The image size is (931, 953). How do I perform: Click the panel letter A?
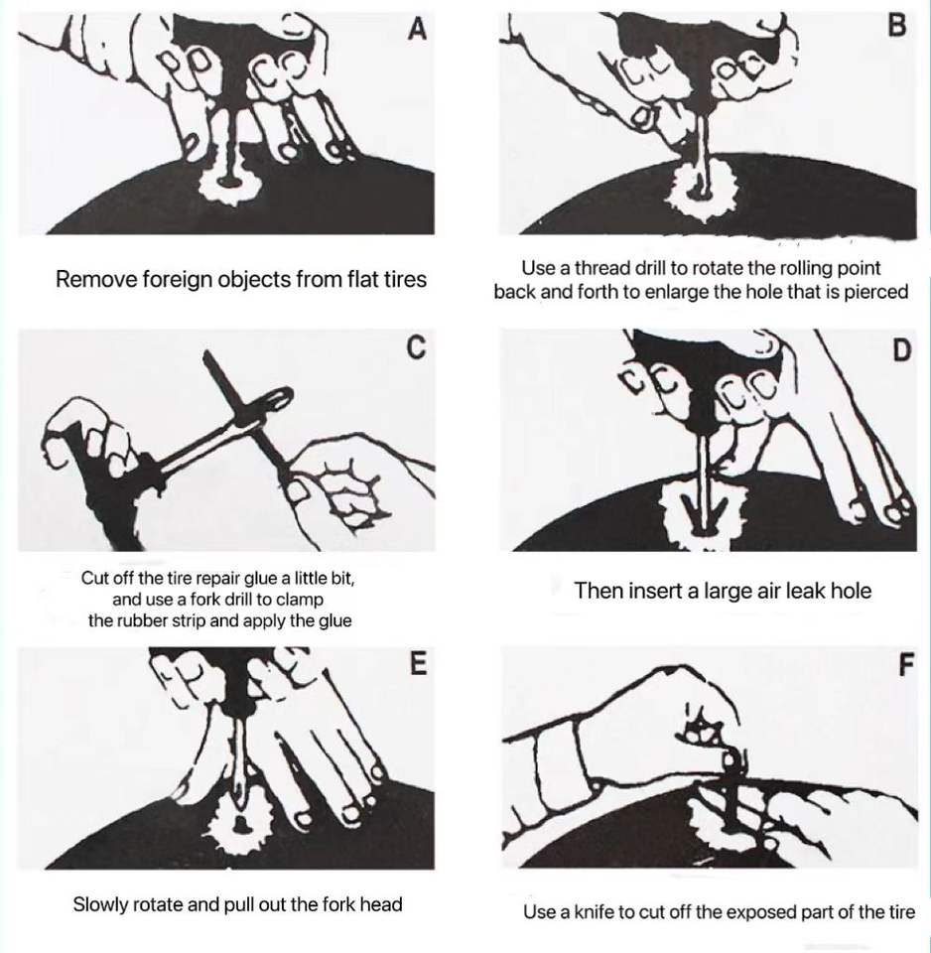[x=416, y=29]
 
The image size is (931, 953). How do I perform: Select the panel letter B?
[x=897, y=26]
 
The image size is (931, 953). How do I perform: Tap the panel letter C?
[x=416, y=347]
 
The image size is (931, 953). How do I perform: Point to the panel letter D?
[x=902, y=350]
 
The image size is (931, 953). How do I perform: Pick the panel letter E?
[x=418, y=663]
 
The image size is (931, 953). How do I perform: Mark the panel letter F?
[x=905, y=665]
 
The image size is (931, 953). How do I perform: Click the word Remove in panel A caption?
[x=95, y=280]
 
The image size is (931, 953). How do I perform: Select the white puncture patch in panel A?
[x=231, y=183]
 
